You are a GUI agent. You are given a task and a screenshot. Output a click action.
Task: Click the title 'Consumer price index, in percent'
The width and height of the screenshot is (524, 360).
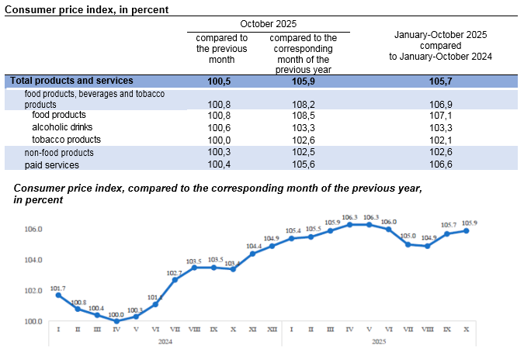(87, 9)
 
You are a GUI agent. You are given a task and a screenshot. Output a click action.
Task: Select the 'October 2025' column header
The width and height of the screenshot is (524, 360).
(268, 24)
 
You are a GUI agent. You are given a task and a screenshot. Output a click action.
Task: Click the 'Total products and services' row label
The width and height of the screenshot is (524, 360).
(71, 81)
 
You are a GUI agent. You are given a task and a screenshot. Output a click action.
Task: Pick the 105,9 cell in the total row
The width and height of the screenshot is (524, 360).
(302, 81)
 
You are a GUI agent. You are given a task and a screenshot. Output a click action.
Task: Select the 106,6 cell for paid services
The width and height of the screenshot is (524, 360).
(442, 164)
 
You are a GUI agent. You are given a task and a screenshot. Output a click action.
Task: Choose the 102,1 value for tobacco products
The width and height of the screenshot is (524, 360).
(442, 140)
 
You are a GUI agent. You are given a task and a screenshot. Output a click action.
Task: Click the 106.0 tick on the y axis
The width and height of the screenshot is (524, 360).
(33, 230)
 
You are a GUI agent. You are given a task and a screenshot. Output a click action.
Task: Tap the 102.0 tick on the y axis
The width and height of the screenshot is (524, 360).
(33, 291)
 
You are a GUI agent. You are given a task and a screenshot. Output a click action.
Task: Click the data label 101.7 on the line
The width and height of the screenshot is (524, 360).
(58, 288)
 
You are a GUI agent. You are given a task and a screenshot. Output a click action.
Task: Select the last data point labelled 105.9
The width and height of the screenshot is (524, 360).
(467, 230)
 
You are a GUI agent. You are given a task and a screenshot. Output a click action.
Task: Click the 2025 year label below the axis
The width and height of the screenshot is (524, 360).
(379, 341)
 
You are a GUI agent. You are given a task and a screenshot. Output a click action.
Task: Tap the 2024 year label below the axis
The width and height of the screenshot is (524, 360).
(165, 341)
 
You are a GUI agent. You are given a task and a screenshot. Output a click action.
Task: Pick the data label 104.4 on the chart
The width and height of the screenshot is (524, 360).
(252, 246)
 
